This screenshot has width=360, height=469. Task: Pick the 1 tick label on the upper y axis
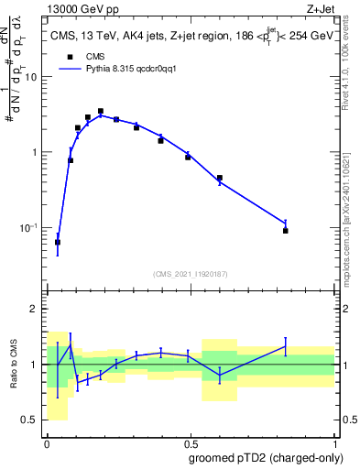35,152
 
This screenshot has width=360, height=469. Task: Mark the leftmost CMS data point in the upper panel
58,243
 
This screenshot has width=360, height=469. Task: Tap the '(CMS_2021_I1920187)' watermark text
190,274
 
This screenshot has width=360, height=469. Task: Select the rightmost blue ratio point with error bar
286,345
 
